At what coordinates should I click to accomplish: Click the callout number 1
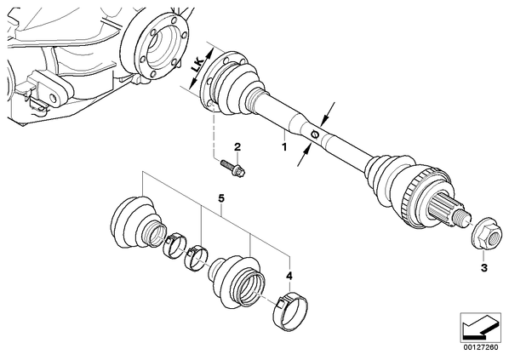click(x=284, y=147)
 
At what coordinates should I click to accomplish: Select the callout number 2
click(x=238, y=147)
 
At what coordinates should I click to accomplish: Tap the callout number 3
click(x=484, y=268)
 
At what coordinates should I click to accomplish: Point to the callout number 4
click(x=289, y=276)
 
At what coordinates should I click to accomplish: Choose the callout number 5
click(x=221, y=198)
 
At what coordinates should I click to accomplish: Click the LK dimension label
click(x=197, y=65)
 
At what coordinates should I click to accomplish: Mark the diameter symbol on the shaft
click(x=315, y=134)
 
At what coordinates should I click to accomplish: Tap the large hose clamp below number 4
click(x=290, y=311)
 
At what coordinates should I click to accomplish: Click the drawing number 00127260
click(x=481, y=347)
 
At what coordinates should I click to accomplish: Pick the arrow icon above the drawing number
click(x=481, y=327)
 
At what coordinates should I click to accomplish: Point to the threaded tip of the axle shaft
click(x=462, y=216)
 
